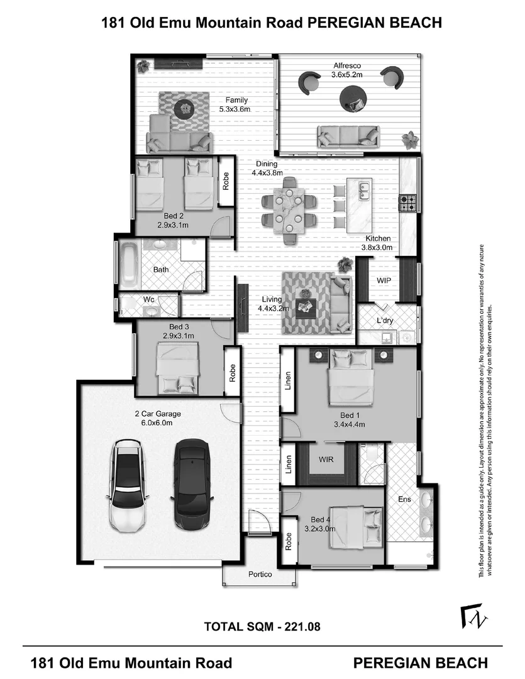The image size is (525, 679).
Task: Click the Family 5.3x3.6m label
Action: pos(235,104)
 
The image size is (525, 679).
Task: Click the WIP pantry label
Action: pos(384,280)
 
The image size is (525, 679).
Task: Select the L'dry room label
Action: pos(385,321)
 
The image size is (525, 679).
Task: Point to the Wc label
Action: pos(149,299)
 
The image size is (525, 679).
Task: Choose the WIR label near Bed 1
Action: pos(326,460)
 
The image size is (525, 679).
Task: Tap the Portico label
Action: pos(260,574)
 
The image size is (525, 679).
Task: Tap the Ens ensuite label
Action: pos(404,499)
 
